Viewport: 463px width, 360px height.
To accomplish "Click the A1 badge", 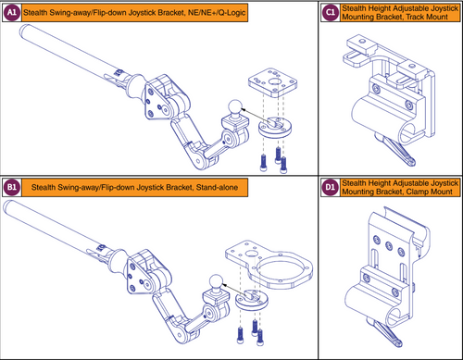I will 14,13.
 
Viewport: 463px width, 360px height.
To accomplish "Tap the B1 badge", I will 14,188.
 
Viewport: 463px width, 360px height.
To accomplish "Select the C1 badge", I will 331,13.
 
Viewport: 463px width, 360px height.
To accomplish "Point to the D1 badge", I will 331,188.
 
